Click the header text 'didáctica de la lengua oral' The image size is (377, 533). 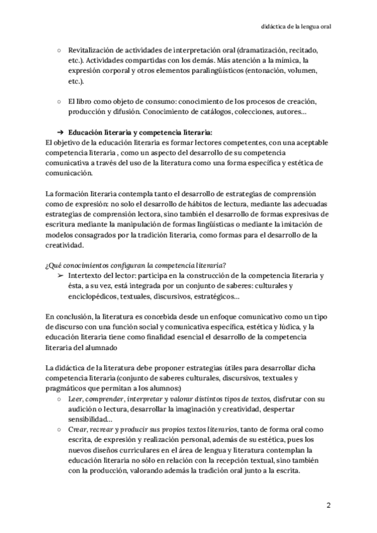tap(296, 27)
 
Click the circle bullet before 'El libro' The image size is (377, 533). tap(59, 101)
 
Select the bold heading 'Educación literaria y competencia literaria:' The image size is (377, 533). tap(141, 133)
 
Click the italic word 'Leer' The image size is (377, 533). tap(75, 399)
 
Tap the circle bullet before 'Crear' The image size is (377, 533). tap(59, 431)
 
